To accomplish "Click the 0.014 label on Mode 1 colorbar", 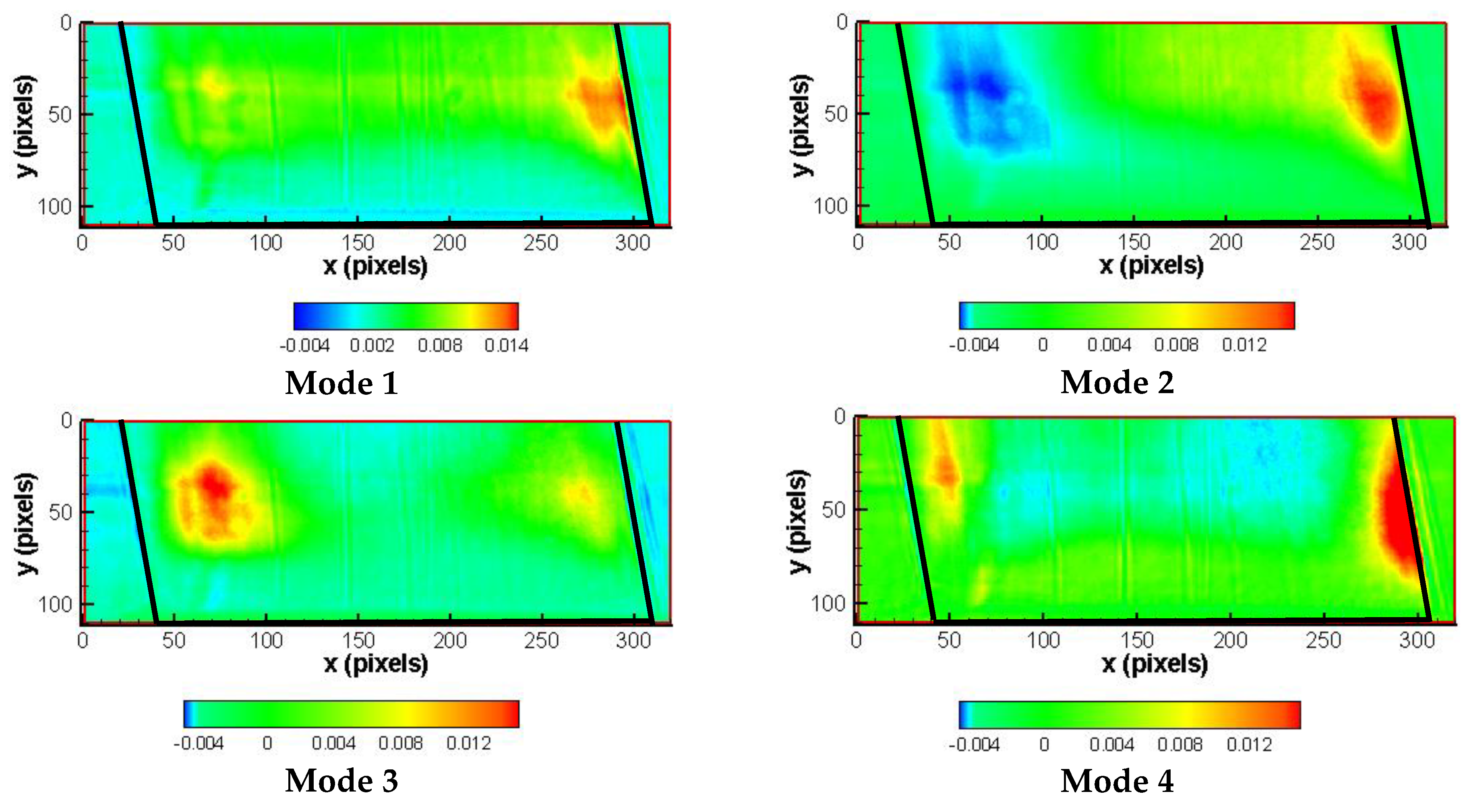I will point(506,345).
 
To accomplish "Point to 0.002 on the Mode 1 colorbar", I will point(371,345).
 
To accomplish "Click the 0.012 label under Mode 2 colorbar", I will point(1244,345).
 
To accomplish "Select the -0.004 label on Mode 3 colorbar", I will point(199,743).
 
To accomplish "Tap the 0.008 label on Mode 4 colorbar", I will point(1179,744).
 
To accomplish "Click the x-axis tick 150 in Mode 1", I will point(358,243).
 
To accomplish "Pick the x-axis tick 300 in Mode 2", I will point(1409,242).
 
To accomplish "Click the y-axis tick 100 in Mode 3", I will point(55,604).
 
